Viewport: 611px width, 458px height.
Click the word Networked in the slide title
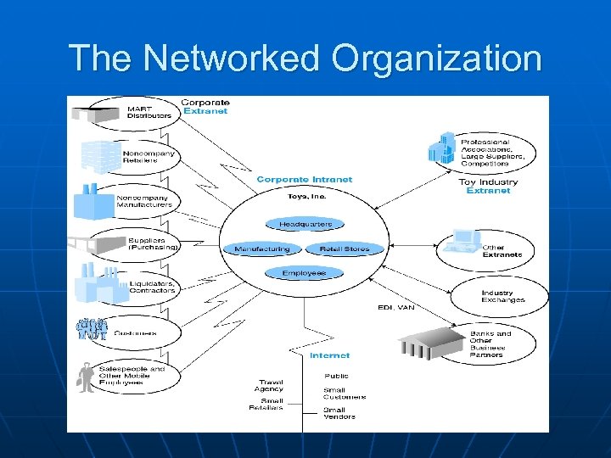(233, 59)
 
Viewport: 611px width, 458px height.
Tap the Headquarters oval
(305, 225)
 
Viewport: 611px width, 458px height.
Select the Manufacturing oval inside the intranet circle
(261, 249)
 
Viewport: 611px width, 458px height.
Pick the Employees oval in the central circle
(304, 273)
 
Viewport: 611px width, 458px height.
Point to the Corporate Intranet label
(304, 180)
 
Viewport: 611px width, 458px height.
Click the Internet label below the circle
(329, 355)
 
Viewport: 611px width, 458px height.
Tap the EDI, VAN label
(395, 308)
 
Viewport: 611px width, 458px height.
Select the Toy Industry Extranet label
(487, 187)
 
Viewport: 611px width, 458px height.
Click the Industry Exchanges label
(503, 296)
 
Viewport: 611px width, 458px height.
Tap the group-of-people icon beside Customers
(92, 327)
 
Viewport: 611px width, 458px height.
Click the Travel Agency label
(272, 385)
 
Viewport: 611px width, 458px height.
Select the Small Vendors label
(339, 413)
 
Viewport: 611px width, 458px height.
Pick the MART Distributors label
(149, 112)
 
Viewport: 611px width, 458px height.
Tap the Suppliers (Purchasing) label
(153, 243)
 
